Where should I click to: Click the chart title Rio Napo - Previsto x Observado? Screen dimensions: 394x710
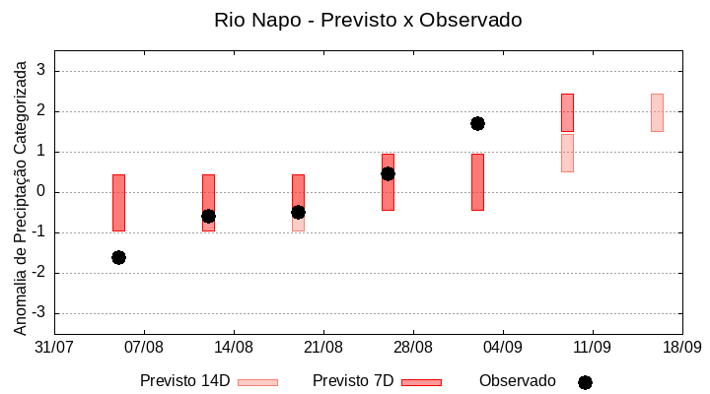(x=368, y=20)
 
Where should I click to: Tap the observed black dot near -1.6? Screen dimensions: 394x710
(x=118, y=257)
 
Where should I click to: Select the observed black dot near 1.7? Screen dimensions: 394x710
(x=477, y=123)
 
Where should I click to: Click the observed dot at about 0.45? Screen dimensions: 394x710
(x=388, y=173)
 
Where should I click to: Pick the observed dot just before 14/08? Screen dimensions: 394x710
(x=208, y=216)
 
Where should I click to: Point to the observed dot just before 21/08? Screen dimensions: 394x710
(x=298, y=212)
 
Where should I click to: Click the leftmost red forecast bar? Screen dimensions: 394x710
(x=118, y=202)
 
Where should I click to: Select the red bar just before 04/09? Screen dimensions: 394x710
(x=477, y=182)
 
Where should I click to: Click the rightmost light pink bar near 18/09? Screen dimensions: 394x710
(x=657, y=112)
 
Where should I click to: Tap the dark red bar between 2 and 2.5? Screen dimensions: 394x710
(x=567, y=112)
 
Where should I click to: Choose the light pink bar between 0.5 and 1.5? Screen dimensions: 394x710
(x=567, y=153)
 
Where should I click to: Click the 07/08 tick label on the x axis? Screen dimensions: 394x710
(x=145, y=347)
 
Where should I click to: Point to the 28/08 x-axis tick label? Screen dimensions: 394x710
(x=413, y=347)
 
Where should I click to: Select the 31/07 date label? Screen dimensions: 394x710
(x=55, y=347)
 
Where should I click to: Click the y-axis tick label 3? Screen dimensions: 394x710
(x=41, y=71)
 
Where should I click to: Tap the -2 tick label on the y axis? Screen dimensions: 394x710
(x=38, y=273)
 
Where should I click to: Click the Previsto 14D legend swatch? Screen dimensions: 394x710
(x=257, y=382)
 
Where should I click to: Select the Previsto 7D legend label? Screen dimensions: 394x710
(x=353, y=381)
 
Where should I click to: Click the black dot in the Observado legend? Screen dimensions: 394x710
(x=585, y=382)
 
